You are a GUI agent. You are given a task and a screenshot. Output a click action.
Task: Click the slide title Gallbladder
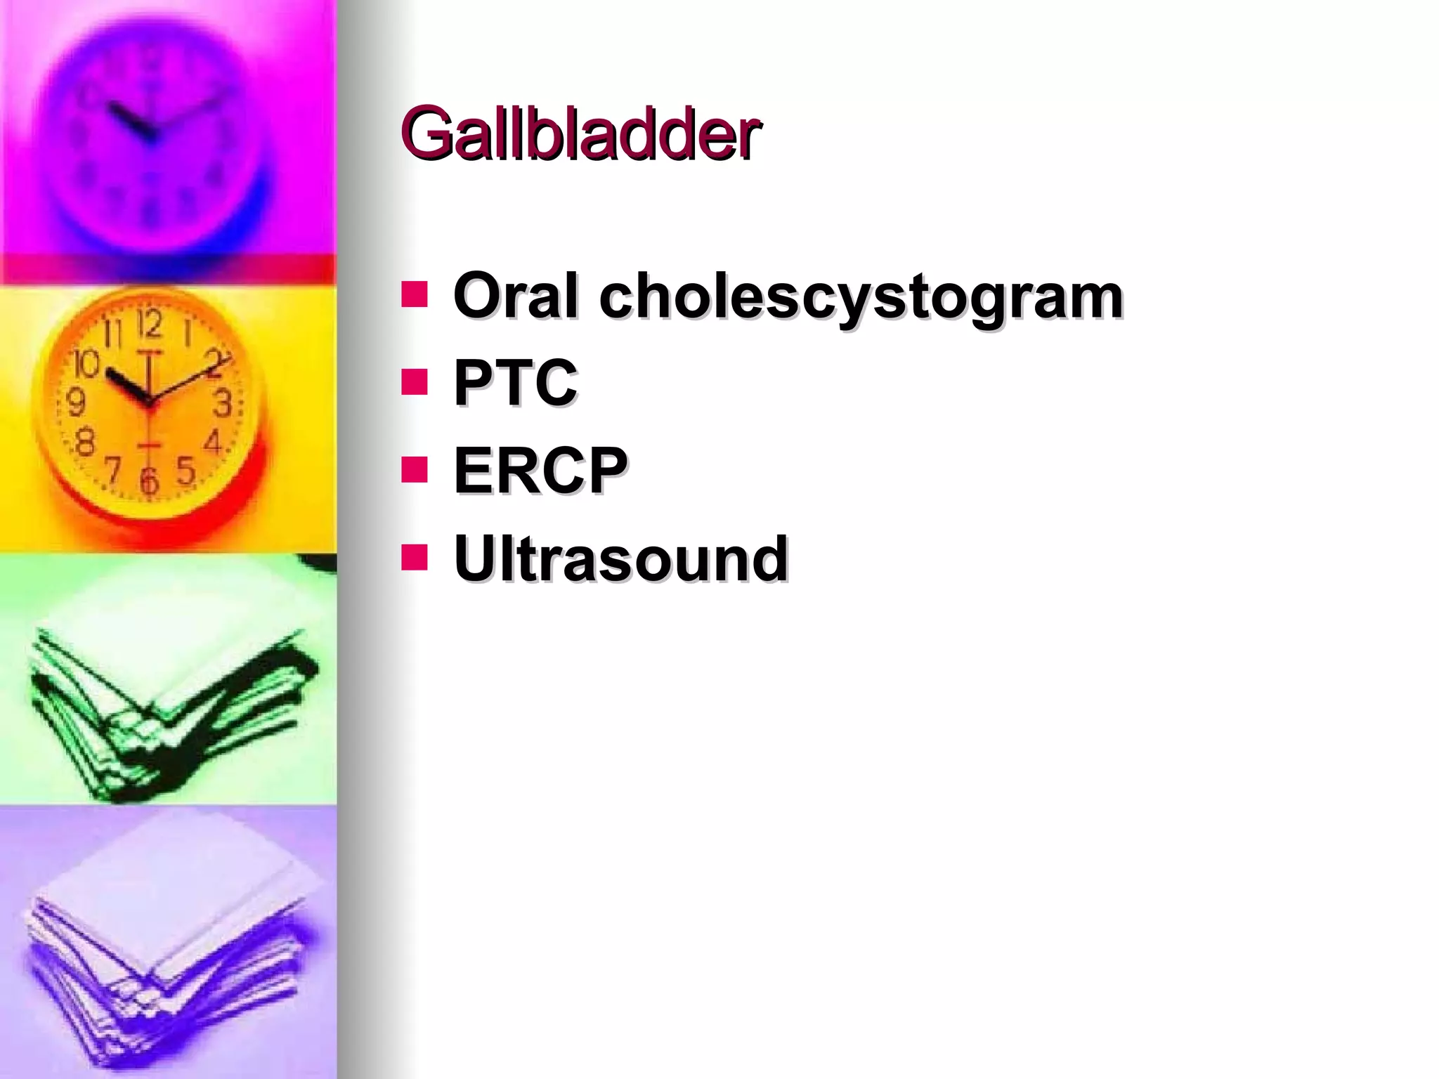point(580,133)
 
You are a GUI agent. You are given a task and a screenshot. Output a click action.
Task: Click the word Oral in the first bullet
point(516,296)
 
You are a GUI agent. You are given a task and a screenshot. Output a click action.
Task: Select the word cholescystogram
point(861,297)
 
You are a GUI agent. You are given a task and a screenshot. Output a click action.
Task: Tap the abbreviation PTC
point(516,382)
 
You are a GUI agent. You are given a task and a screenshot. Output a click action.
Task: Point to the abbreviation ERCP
point(540,470)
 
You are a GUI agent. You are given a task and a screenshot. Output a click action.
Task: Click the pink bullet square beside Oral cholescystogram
point(415,295)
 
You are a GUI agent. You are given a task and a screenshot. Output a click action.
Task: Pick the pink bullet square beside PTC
point(415,382)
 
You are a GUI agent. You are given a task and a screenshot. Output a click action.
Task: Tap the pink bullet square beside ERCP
point(415,470)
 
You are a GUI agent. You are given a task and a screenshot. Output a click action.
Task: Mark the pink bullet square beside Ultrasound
point(415,558)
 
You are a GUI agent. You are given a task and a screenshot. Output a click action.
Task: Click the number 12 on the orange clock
point(150,325)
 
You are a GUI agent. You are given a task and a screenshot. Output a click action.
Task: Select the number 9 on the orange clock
point(75,403)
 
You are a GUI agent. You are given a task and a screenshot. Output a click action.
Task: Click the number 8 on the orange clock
point(84,443)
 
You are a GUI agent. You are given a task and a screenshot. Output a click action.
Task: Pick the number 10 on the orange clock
point(86,363)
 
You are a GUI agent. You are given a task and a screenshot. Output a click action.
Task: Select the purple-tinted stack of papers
point(169,941)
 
